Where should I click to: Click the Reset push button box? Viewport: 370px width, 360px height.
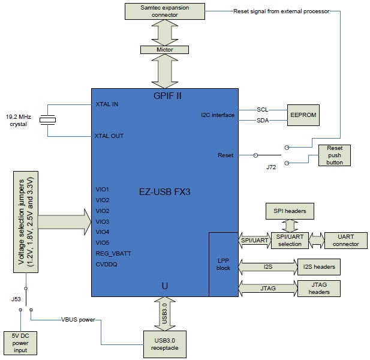point(335,155)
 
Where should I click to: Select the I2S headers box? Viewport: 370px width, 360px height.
point(318,266)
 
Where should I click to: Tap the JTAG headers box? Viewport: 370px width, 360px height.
point(319,287)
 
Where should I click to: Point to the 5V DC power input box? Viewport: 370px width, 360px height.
point(20,343)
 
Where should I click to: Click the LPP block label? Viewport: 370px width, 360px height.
point(223,265)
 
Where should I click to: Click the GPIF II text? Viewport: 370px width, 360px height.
point(164,96)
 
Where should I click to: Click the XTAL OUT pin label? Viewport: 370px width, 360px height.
point(109,136)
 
